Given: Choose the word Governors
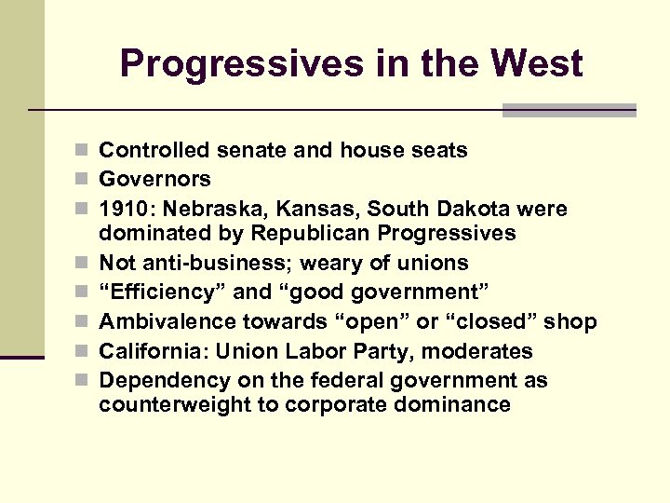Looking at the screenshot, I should click(x=154, y=179).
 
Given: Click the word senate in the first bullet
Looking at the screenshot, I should click(x=243, y=150).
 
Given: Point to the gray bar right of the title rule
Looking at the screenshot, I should click(x=569, y=110).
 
